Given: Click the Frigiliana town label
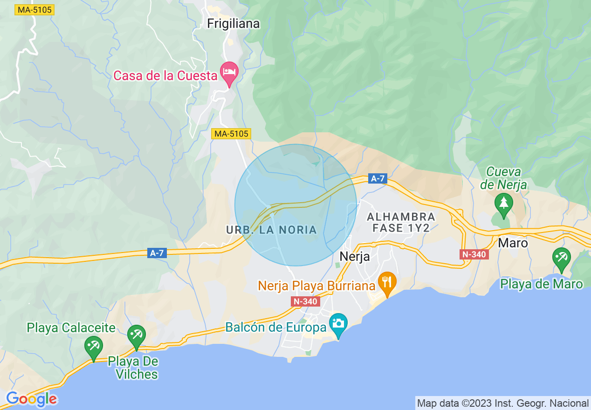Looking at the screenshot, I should pyautogui.click(x=234, y=23).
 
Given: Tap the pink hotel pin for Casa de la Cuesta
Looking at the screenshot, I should pyautogui.click(x=229, y=72).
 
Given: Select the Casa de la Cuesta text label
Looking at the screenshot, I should pyautogui.click(x=165, y=75).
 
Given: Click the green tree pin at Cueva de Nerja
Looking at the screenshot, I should pyautogui.click(x=503, y=204).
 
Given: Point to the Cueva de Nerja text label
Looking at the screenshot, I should pyautogui.click(x=503, y=178).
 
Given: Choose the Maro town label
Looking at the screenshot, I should pyautogui.click(x=513, y=243).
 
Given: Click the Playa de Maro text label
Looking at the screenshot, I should pyautogui.click(x=542, y=284).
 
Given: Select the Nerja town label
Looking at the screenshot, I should pyautogui.click(x=355, y=256).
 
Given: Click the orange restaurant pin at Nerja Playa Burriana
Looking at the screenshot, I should pyautogui.click(x=386, y=282).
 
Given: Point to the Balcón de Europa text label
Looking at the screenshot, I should pyautogui.click(x=276, y=327).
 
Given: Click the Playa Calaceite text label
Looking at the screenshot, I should pyautogui.click(x=71, y=328).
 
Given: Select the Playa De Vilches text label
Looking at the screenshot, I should pyautogui.click(x=133, y=368).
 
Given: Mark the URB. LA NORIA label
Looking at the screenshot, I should pyautogui.click(x=271, y=230).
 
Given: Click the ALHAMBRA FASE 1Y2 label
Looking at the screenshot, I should pyautogui.click(x=401, y=222).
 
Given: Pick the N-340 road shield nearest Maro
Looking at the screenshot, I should pyautogui.click(x=474, y=254).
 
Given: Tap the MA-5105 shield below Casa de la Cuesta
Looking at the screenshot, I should pyautogui.click(x=232, y=134).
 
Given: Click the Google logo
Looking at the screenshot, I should pyautogui.click(x=32, y=399).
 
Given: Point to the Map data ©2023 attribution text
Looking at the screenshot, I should pyautogui.click(x=503, y=403).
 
